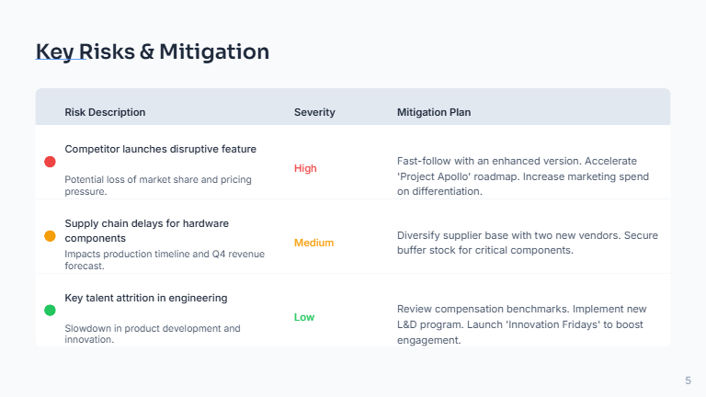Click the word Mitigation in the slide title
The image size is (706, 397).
pos(214,51)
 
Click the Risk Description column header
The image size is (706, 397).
pos(105,112)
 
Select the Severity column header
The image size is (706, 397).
pos(314,112)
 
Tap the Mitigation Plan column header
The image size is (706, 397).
pos(434,112)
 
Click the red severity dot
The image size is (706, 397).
pos(51,162)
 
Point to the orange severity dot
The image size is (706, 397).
pos(51,236)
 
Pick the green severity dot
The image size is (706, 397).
pos(51,311)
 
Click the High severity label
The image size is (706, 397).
pos(305,168)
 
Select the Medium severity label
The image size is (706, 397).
pos(313,243)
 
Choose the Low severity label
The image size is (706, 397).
pos(304,317)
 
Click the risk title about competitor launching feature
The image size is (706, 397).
pos(160,149)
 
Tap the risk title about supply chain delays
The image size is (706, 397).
pos(146,230)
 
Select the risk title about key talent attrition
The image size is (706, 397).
pos(145,298)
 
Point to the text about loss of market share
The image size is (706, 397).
pos(157,186)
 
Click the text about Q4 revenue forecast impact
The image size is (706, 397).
pos(164,260)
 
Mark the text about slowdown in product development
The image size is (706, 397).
pos(152,334)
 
